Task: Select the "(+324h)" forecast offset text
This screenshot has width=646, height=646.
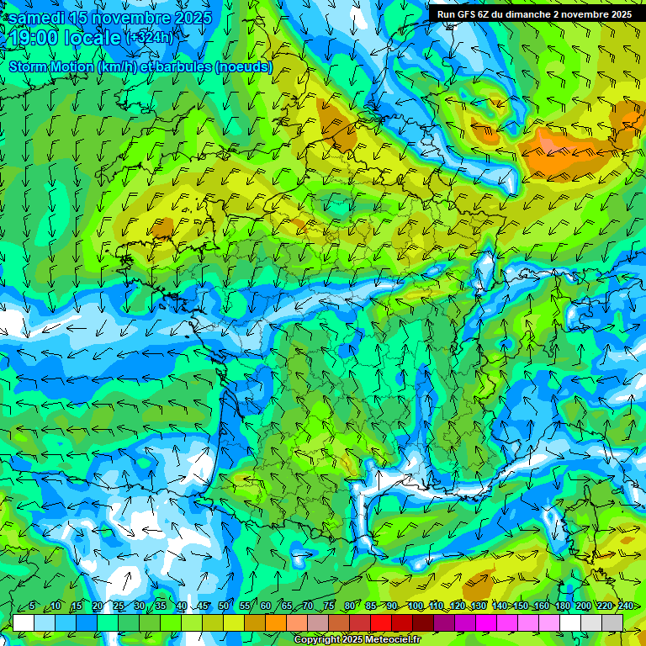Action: pos(151,38)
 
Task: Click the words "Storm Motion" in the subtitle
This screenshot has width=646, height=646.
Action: pos(51,67)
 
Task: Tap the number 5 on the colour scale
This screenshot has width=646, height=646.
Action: pos(32,606)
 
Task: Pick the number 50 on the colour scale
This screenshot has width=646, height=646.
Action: pos(224,606)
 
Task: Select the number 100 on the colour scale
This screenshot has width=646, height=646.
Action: pos(416,606)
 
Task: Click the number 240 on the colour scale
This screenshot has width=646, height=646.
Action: pos(626,606)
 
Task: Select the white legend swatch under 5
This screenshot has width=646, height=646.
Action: pos(24,622)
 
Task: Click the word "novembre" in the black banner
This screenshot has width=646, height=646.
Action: pos(580,14)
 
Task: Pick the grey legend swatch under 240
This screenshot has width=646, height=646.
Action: pos(612,622)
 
